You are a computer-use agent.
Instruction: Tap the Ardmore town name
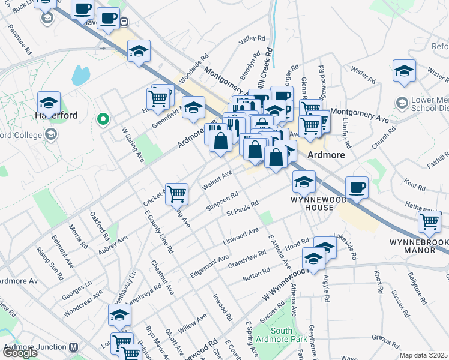[x=326, y=155]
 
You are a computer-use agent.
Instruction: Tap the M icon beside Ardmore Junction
[x=74, y=347]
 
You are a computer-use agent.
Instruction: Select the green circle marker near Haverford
[x=103, y=119]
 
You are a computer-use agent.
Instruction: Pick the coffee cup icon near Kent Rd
[x=357, y=187]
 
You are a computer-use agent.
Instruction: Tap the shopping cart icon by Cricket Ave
[x=176, y=193]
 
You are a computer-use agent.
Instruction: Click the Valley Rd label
[x=252, y=39]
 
